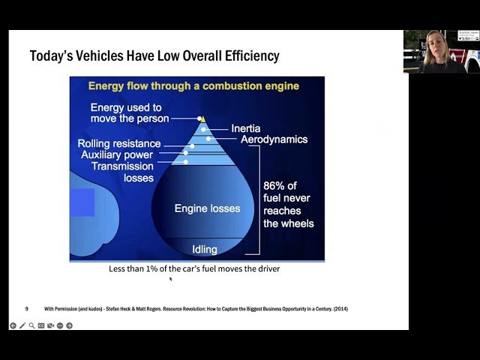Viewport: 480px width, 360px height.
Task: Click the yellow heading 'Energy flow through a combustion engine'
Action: click(x=193, y=86)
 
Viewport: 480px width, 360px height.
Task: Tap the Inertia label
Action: click(x=246, y=129)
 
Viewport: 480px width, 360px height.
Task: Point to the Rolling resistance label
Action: click(x=119, y=143)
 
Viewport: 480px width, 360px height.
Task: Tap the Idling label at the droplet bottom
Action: click(x=205, y=249)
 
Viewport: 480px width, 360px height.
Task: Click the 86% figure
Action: click(x=276, y=185)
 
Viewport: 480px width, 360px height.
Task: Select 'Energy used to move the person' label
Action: click(x=126, y=113)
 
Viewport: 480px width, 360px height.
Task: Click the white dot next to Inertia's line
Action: click(x=203, y=130)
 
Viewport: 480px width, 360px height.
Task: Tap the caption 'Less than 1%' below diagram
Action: click(x=193, y=268)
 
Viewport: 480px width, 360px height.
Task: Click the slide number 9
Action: click(x=27, y=309)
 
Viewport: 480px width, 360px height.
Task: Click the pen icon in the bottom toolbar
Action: click(x=22, y=325)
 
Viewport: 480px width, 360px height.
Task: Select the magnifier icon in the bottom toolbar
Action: click(x=31, y=325)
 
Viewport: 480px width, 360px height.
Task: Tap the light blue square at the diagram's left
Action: click(x=82, y=202)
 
